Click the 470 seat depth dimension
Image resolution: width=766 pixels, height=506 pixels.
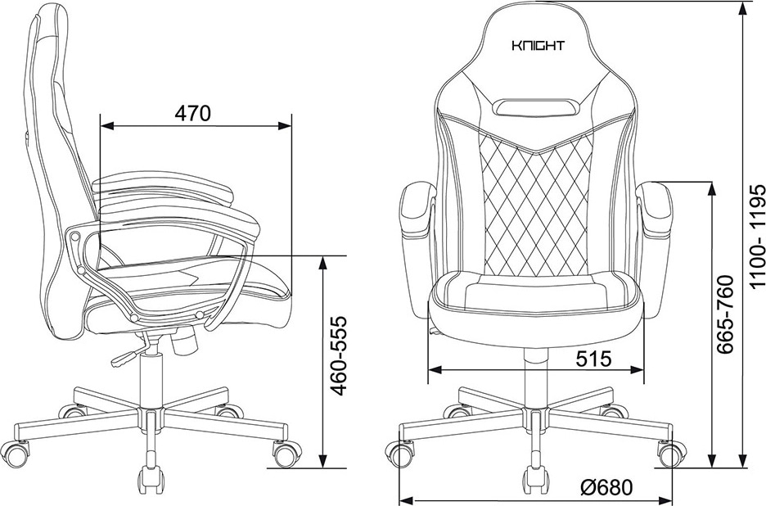[192, 113]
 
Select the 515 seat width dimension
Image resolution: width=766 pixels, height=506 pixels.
[593, 359]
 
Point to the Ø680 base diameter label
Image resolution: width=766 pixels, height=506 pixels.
[606, 487]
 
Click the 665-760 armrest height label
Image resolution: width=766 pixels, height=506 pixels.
[725, 314]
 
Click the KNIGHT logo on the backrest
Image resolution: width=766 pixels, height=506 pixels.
[538, 46]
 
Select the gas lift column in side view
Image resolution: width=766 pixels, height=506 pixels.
[151, 382]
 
